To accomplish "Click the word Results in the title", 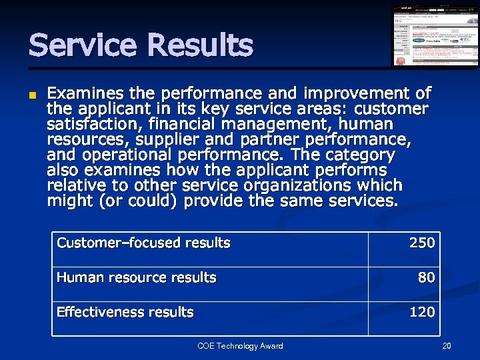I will tap(200, 46).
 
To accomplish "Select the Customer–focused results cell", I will tap(143, 243).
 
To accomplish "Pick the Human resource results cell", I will tap(137, 277).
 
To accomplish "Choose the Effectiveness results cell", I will tap(125, 312).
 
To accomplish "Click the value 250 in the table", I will tap(421, 243).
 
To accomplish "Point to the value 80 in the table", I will tap(426, 277).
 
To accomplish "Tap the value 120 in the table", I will tap(421, 312).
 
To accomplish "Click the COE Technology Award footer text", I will tap(240, 346).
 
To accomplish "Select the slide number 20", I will tap(447, 346).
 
